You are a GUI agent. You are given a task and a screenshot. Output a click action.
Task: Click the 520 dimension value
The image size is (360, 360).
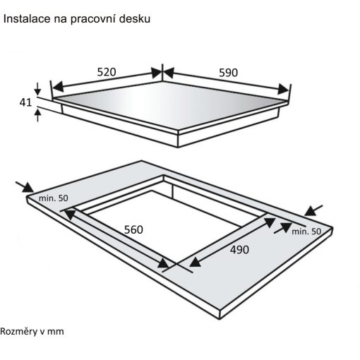[x=107, y=72]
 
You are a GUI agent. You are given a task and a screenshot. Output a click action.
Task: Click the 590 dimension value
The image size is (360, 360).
[x=228, y=73]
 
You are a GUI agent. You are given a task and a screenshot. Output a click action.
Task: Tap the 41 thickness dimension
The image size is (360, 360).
[x=25, y=102]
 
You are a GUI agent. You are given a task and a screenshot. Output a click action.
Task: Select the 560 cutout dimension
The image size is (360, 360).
[x=133, y=229]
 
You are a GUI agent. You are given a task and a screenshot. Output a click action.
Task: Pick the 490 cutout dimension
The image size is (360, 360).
[x=239, y=250]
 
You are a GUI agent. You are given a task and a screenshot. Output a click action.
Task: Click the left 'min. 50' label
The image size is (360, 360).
[x=54, y=198]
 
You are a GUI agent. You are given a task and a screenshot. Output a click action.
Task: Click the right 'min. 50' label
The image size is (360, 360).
[x=306, y=232]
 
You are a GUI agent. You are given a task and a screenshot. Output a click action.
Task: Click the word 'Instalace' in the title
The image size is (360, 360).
[x=27, y=19]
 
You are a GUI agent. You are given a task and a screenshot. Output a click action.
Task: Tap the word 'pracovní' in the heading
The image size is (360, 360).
[x=92, y=20]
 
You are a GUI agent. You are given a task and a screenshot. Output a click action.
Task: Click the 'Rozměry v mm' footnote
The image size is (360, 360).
[x=32, y=331]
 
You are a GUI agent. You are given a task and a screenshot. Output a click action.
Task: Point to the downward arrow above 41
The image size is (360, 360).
[x=37, y=89]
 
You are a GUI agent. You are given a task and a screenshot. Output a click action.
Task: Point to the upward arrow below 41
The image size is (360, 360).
[x=37, y=115]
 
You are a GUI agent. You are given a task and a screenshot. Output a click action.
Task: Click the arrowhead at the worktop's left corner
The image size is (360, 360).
[x=28, y=188]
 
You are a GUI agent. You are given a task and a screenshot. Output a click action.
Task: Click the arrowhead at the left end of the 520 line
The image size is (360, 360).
[x=58, y=87]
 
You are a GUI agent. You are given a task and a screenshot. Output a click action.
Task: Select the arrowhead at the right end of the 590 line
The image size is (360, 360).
[x=283, y=89]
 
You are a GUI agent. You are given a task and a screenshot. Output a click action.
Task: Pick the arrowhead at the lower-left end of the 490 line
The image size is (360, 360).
[x=195, y=262]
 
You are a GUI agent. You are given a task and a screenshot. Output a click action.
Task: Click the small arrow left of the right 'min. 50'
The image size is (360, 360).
[x=283, y=228]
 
